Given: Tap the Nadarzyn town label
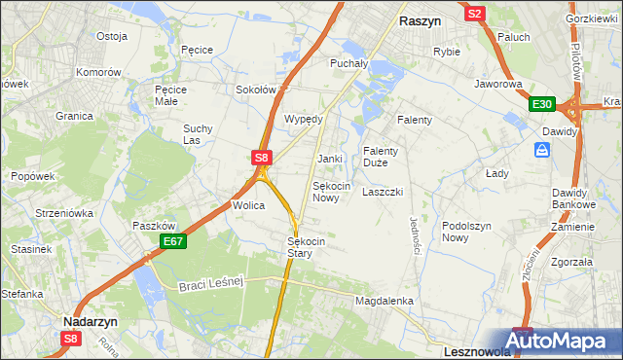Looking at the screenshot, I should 91,319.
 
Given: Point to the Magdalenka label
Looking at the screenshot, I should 385,302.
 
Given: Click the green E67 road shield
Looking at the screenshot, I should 172,241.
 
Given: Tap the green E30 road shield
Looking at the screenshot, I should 542,105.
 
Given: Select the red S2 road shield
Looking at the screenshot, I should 475,14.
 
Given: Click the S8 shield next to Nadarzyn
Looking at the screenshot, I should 71,339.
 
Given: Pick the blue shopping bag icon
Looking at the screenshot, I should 542,150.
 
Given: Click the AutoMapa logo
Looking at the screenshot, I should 563,341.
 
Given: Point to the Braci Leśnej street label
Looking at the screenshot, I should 209,283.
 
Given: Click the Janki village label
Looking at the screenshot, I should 330,159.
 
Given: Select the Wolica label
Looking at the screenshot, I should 248,206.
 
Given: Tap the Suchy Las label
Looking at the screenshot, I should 198,134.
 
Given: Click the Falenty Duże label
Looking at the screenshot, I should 381,157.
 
